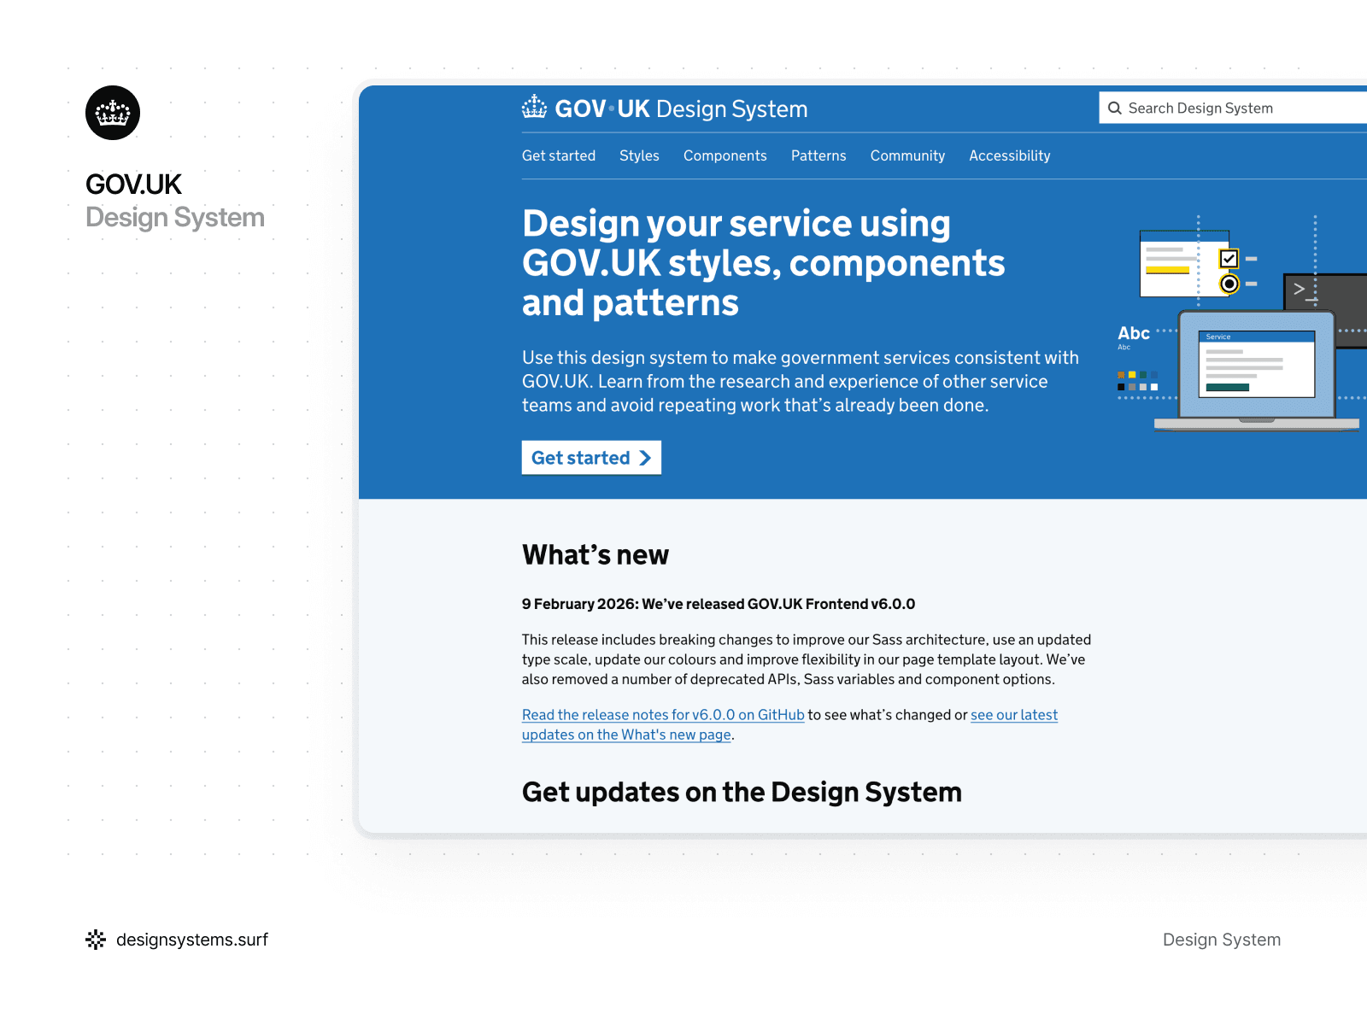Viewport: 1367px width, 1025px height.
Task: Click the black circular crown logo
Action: (113, 113)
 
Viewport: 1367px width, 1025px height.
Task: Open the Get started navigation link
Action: (559, 155)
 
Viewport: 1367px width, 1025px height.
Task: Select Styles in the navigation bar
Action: (639, 155)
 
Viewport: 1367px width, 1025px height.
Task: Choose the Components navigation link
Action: (725, 155)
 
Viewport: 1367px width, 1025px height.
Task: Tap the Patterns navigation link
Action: (818, 155)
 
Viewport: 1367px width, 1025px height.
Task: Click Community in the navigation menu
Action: (907, 155)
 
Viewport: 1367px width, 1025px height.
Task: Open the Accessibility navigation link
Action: (1009, 155)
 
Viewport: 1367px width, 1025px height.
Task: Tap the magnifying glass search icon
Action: (1115, 108)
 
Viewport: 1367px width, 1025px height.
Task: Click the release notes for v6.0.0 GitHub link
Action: (663, 715)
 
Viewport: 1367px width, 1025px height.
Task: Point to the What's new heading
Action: (595, 555)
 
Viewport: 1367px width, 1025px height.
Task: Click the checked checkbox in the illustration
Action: (1229, 258)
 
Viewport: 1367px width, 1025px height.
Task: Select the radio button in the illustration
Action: (1229, 284)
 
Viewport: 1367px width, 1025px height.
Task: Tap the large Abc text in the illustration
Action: (1134, 333)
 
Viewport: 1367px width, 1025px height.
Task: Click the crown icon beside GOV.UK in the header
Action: (535, 108)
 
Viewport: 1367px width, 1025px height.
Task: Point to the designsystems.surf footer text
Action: (192, 940)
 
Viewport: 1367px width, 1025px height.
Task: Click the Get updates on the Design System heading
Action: (742, 792)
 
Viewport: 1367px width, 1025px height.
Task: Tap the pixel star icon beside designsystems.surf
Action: (96, 940)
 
